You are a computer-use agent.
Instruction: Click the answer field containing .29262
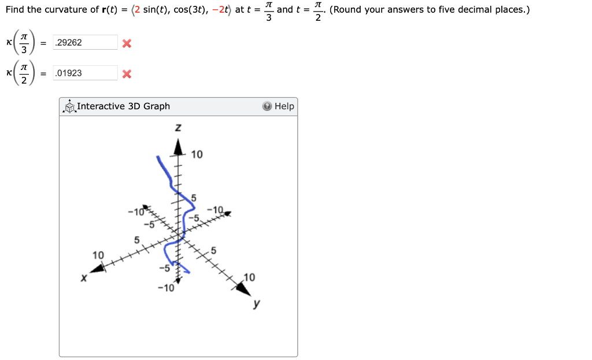coord(85,43)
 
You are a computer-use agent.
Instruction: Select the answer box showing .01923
coord(85,73)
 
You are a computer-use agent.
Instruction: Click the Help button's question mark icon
coord(267,106)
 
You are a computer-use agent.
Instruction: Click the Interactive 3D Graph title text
coord(123,106)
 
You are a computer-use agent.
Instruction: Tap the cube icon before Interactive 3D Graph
coord(70,106)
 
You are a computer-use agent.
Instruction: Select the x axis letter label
coord(84,279)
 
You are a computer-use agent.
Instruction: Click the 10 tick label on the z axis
coord(197,154)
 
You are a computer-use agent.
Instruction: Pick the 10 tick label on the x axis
coord(98,255)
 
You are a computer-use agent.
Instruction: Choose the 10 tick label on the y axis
coord(249,277)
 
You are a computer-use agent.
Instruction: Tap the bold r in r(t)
coord(98,10)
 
